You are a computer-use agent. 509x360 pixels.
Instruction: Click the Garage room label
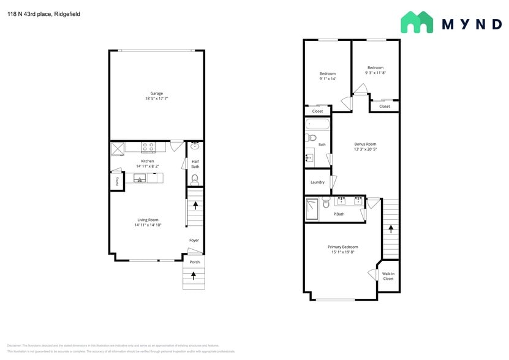[x=156, y=93]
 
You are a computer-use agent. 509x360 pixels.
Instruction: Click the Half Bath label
[x=195, y=163]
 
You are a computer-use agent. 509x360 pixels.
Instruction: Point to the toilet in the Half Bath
[x=195, y=179]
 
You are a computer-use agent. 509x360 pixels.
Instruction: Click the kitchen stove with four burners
[x=148, y=147]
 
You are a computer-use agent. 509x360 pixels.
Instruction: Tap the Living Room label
[x=148, y=220]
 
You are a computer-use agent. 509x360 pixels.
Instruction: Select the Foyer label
[x=194, y=240]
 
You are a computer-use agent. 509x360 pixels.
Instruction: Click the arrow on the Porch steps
[x=194, y=276]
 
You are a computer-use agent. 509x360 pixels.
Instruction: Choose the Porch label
[x=194, y=262]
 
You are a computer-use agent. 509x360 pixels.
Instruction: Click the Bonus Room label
[x=365, y=144]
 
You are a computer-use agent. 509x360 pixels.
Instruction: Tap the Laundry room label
[x=317, y=182]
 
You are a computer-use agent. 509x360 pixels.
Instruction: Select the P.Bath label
[x=339, y=214]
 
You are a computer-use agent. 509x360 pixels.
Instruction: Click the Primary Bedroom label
[x=342, y=247]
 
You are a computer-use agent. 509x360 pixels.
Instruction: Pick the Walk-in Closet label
[x=388, y=276]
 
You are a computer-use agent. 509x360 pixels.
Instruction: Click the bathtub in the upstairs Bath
[x=317, y=125]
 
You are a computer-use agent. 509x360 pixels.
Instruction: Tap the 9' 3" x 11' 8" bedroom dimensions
[x=375, y=73]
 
